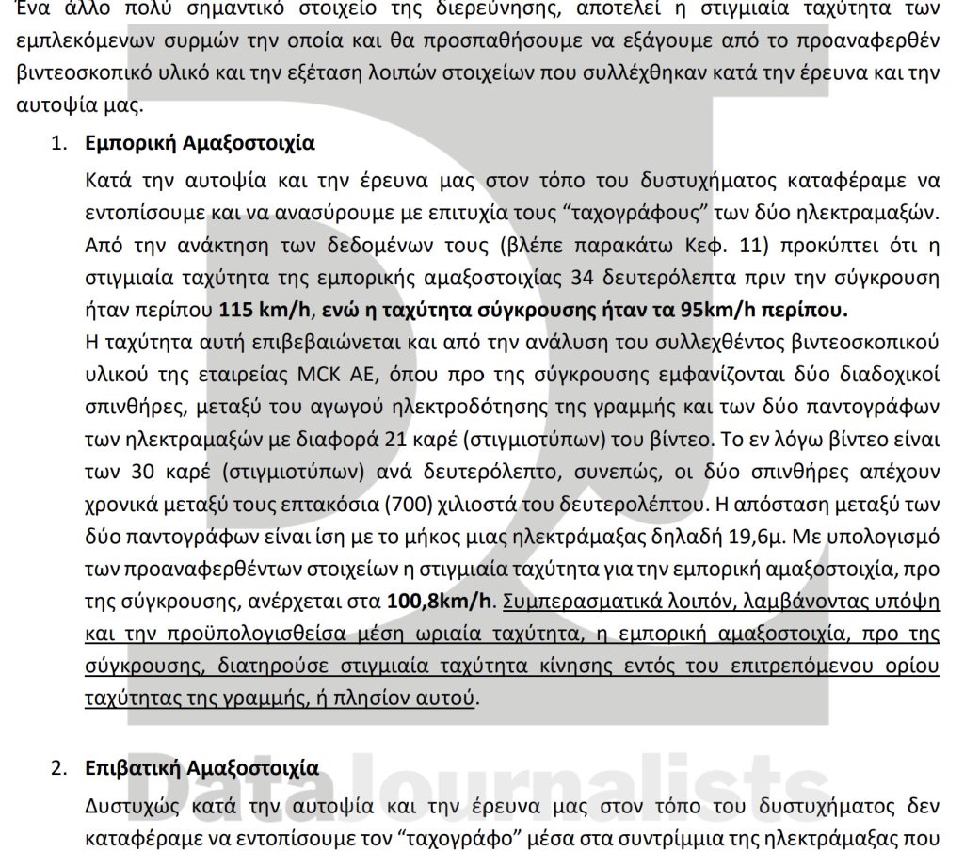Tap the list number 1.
tap(57, 144)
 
